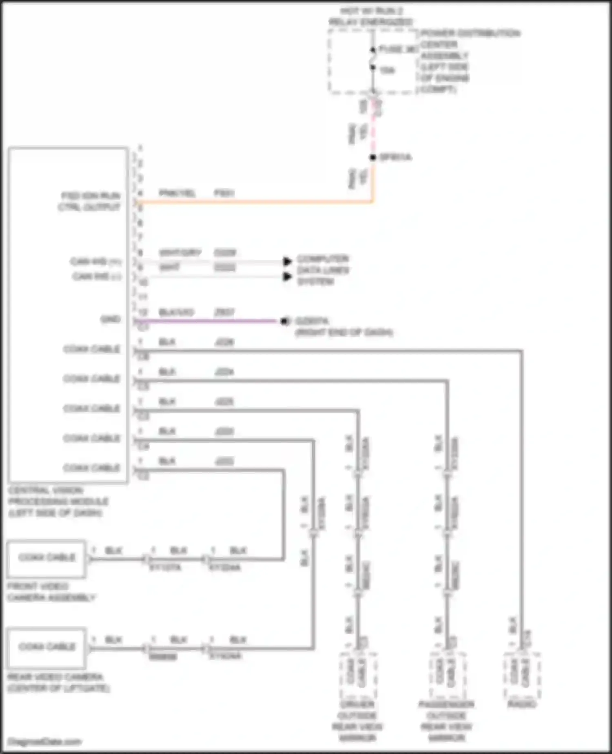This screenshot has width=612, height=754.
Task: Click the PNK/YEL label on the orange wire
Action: tap(177, 193)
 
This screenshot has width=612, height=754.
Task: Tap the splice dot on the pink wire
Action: tap(373, 157)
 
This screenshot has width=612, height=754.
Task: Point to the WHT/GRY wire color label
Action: tap(180, 252)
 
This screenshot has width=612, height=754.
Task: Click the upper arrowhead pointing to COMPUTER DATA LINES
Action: tap(288, 261)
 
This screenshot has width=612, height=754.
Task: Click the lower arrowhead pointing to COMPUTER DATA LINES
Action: tap(288, 277)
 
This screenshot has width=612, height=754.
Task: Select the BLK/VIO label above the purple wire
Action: tap(176, 312)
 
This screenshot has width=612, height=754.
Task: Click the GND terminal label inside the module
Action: tap(111, 319)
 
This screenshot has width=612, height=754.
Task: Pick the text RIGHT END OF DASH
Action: tap(344, 332)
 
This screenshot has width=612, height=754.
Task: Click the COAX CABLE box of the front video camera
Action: tap(47, 558)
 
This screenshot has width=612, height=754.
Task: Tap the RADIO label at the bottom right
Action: tap(522, 704)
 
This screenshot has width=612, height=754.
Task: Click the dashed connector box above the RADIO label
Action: tap(522, 674)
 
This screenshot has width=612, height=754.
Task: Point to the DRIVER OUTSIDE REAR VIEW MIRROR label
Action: tap(357, 721)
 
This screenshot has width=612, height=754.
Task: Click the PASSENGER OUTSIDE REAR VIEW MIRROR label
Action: tap(446, 721)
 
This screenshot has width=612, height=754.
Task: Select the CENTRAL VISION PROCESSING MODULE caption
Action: tap(58, 501)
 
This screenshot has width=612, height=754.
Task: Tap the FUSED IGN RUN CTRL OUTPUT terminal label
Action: tap(90, 201)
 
